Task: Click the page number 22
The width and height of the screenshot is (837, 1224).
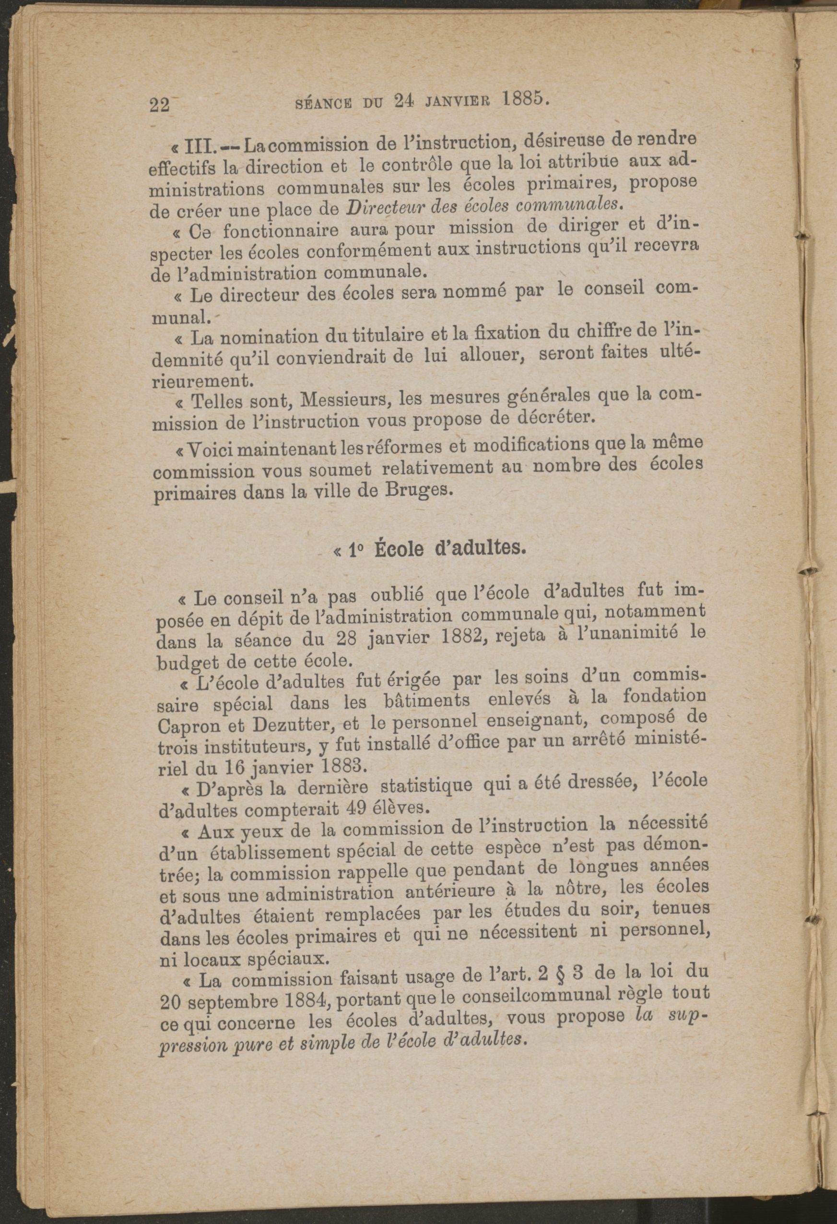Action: click(x=160, y=105)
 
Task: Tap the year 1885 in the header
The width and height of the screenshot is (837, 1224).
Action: click(x=525, y=99)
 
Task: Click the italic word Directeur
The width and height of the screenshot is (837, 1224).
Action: click(x=382, y=207)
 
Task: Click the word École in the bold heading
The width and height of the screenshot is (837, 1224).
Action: click(x=399, y=549)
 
